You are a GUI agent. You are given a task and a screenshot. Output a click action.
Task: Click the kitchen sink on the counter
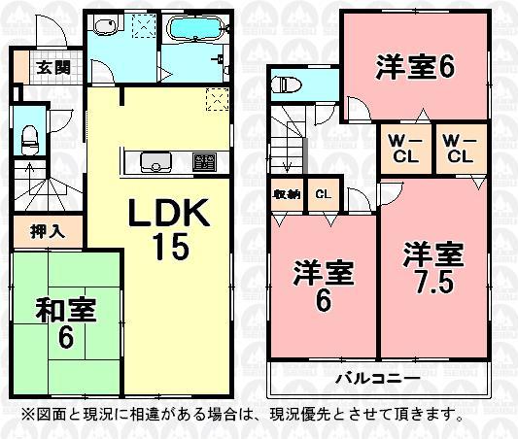coord(154,161)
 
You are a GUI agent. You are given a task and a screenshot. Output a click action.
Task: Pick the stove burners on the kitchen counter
coord(204,161)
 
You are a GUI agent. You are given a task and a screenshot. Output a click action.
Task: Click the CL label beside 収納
coord(322,192)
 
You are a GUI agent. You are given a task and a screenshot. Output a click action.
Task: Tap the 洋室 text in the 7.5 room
coord(433,256)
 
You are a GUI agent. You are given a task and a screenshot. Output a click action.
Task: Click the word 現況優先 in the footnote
coord(334,415)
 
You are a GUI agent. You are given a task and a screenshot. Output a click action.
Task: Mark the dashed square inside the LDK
coord(217,97)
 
